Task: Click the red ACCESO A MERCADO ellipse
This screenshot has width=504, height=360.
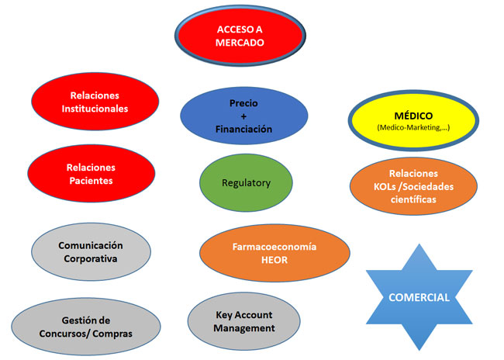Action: tap(240, 36)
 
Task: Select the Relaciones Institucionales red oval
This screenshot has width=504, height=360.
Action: tap(95, 102)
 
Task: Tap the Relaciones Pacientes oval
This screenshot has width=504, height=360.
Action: tap(91, 174)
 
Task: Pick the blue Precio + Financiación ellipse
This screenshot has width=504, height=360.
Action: tap(244, 116)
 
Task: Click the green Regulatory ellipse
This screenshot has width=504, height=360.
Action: tap(246, 183)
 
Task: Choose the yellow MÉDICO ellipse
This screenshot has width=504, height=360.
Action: tap(414, 120)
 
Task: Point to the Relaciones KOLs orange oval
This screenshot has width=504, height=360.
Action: tap(414, 186)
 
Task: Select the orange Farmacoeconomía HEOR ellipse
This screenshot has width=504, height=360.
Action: tap(274, 253)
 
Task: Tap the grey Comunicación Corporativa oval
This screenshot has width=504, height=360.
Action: tap(91, 252)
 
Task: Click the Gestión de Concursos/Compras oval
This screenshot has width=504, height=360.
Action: tap(86, 327)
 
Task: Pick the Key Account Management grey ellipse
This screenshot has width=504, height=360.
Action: tap(244, 321)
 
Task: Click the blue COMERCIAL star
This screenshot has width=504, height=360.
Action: tap(419, 297)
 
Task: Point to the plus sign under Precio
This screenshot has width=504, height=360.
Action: tap(243, 116)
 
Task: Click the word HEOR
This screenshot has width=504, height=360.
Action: tap(274, 260)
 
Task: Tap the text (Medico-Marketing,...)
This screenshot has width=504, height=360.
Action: tap(413, 128)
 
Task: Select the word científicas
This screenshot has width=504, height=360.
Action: tap(413, 199)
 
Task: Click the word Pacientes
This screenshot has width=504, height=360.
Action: tap(91, 181)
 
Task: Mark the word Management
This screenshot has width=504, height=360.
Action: tap(244, 328)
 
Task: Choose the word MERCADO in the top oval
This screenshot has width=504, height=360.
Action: tap(240, 43)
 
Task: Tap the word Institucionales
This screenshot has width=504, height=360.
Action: tap(95, 109)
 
